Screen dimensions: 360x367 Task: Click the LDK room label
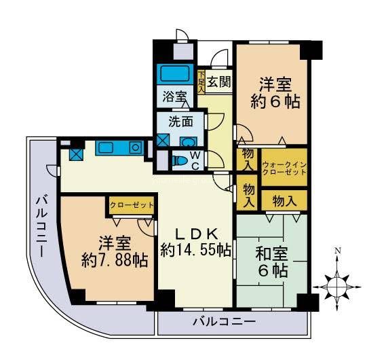coord(195,230)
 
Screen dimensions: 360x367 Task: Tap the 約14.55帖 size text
coord(195,249)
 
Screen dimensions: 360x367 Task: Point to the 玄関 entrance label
coord(218,83)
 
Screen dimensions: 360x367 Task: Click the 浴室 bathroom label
coord(173,96)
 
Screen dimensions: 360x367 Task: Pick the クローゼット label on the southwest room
coord(131,204)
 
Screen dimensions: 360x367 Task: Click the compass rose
coord(337,285)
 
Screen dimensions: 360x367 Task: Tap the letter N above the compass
coord(337,251)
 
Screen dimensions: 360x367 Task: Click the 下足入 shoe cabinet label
coord(201,82)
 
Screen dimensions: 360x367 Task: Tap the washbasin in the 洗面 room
coord(189,142)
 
